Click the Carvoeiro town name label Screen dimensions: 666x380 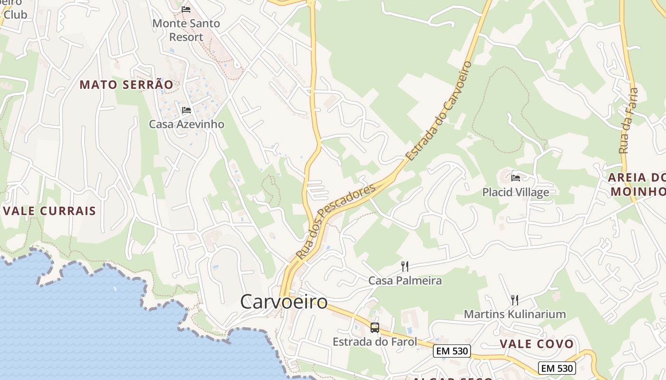[x=284, y=302]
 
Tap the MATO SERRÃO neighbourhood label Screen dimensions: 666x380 [x=126, y=85]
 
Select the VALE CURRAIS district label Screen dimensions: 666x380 [x=49, y=211]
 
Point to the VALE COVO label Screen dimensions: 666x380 [x=537, y=344]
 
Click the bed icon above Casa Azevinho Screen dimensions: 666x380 [x=186, y=110]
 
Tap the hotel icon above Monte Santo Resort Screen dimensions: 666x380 [x=186, y=9]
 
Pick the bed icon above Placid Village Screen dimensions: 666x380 [x=516, y=178]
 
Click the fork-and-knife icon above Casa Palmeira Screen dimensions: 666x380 [x=405, y=266]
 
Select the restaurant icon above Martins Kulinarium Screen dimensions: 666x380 [x=514, y=300]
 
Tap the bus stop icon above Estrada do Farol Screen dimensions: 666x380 [x=375, y=327]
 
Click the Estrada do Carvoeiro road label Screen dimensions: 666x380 [x=439, y=110]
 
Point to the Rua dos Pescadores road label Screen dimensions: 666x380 [x=336, y=222]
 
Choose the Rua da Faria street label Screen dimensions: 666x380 [x=628, y=120]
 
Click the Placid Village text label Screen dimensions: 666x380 [x=516, y=192]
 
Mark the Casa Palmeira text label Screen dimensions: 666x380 [x=405, y=281]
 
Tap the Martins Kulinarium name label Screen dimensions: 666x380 [x=515, y=314]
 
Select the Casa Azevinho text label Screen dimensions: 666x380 [x=186, y=124]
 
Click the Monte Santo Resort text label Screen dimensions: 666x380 [x=186, y=30]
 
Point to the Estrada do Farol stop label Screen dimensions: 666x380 [x=375, y=342]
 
